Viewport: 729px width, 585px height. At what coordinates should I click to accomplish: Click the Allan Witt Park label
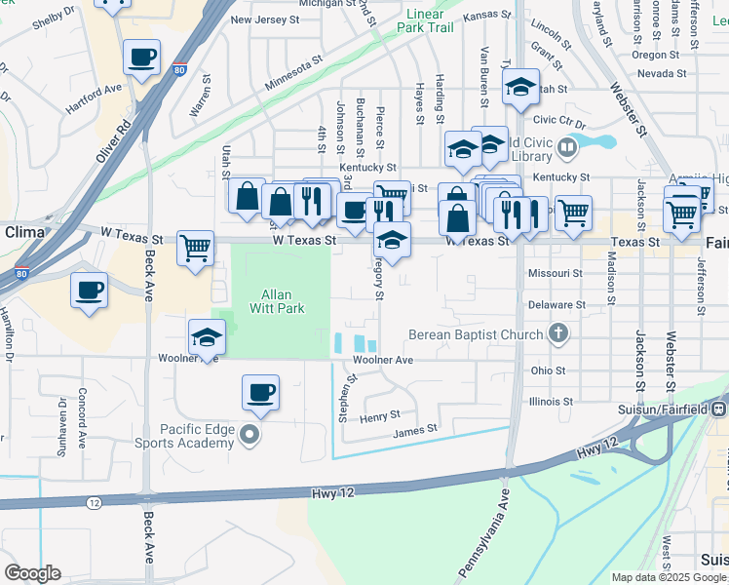click(283, 301)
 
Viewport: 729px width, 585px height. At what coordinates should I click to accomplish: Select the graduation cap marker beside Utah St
click(520, 89)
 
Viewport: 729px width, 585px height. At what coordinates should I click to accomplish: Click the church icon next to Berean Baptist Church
click(557, 334)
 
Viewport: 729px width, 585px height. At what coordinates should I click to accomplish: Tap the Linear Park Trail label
click(425, 20)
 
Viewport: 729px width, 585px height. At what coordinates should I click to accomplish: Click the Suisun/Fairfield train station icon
click(719, 409)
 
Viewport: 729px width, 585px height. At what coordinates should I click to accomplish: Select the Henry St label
click(373, 416)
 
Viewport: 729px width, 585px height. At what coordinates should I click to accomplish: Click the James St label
click(415, 428)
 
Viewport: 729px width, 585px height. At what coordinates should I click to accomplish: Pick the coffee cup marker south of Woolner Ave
click(260, 393)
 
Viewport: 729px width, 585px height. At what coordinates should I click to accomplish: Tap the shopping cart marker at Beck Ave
click(196, 248)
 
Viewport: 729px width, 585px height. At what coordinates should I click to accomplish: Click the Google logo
click(32, 573)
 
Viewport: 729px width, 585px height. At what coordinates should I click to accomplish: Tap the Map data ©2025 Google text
click(669, 577)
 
